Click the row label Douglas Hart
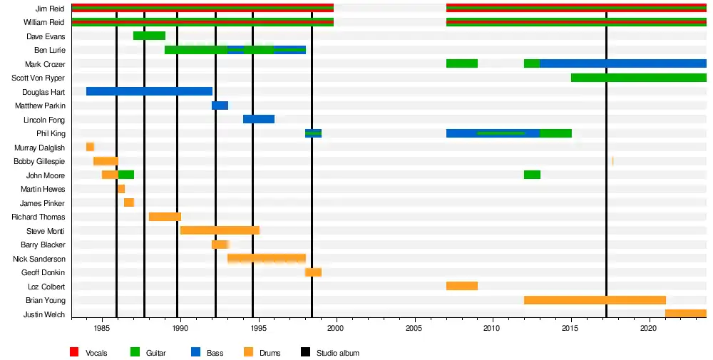click(45, 92)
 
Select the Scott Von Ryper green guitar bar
click(638, 78)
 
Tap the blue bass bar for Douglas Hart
click(149, 91)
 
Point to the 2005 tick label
click(414, 328)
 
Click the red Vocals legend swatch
click(74, 353)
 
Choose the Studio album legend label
click(338, 353)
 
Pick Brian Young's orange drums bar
click(595, 300)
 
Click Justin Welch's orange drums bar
click(685, 314)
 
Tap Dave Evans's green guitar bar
click(149, 36)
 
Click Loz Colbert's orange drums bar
click(462, 286)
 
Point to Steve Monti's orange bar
click(220, 230)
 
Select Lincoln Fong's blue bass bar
click(259, 119)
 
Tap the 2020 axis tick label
click(648, 328)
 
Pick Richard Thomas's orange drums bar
click(165, 217)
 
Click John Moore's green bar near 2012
click(532, 175)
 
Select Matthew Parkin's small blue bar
click(220, 106)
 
